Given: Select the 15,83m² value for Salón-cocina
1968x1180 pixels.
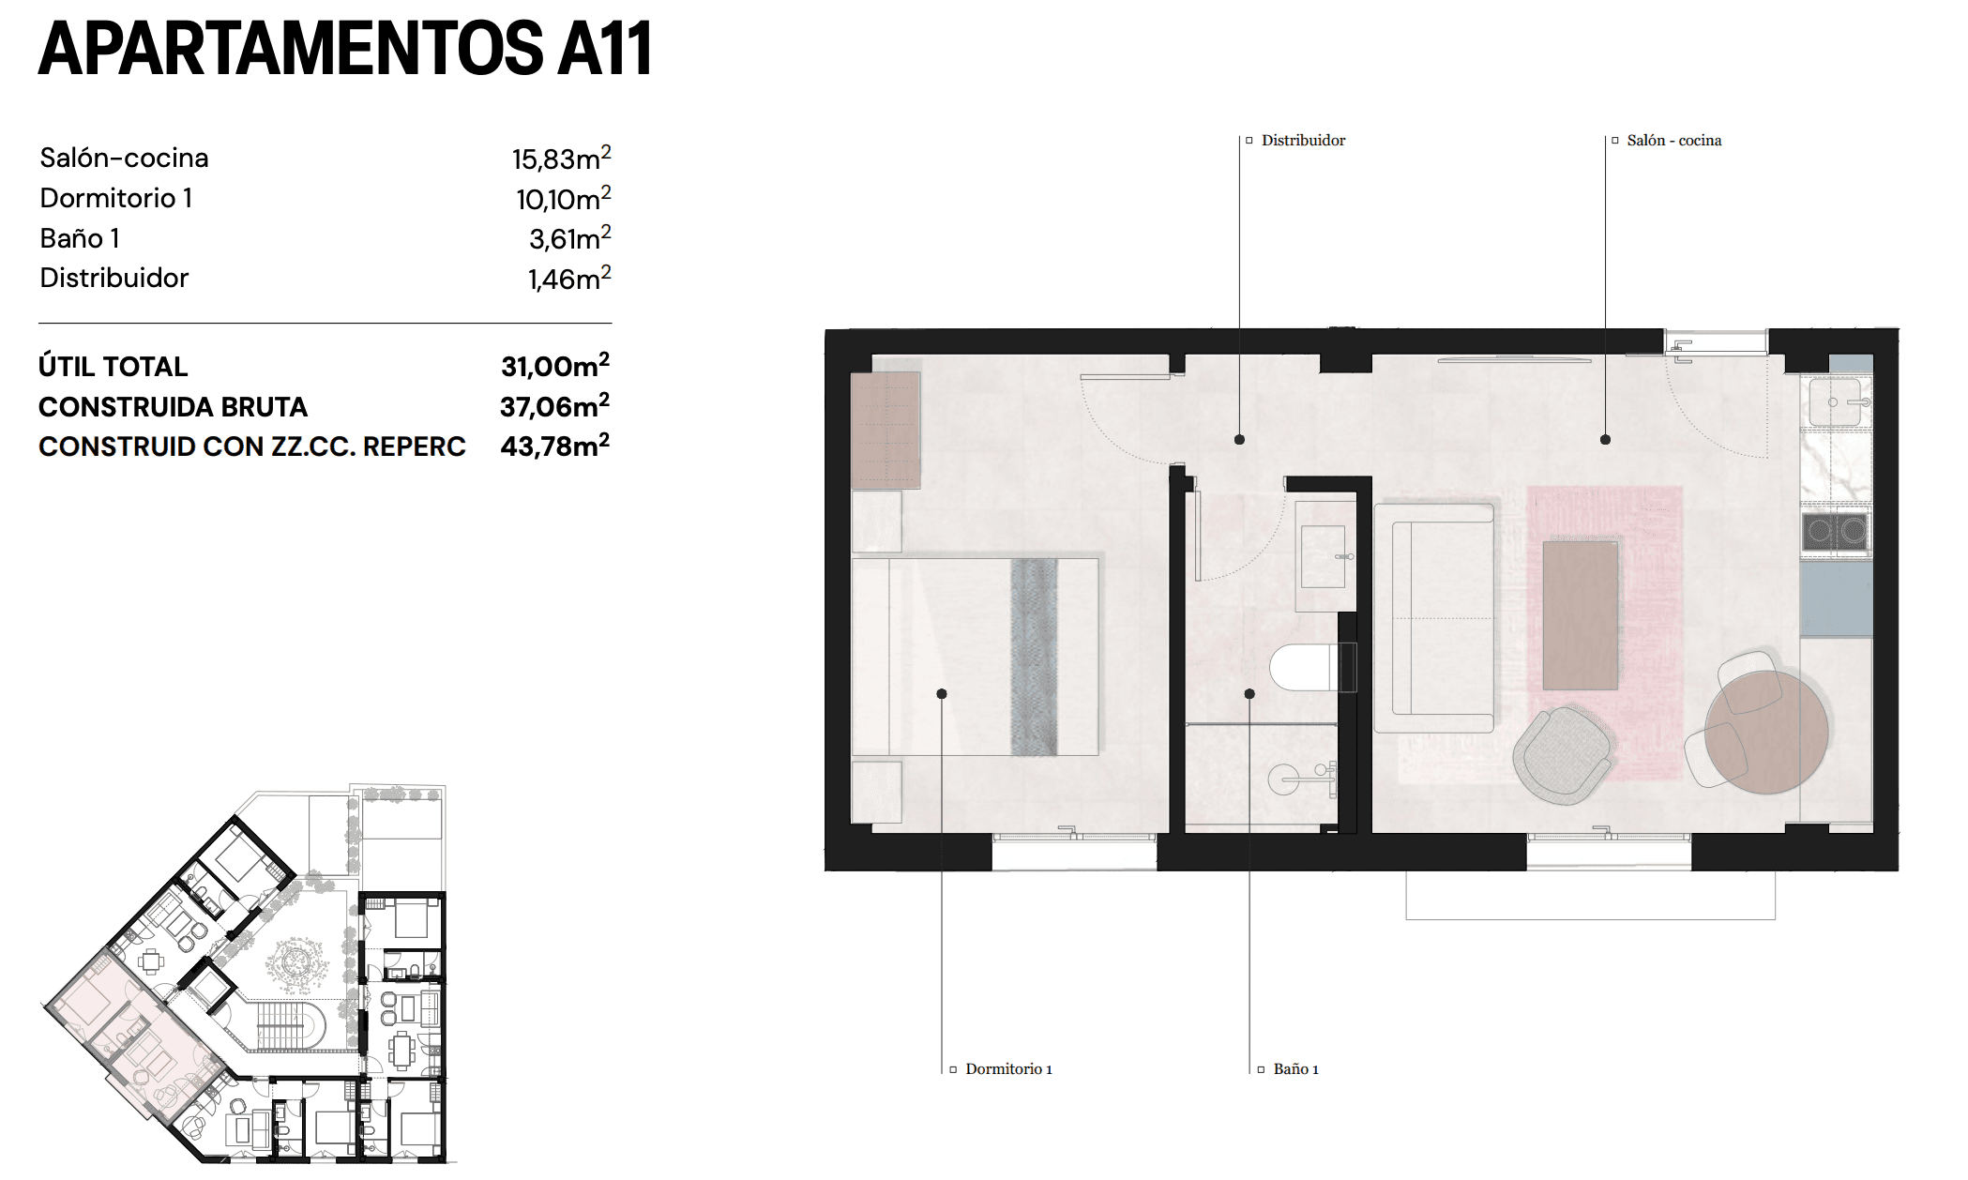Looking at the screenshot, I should pyautogui.click(x=561, y=159).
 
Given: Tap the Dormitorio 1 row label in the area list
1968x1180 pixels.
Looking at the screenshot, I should pyautogui.click(x=115, y=198).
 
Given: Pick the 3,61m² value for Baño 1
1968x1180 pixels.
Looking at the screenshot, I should pyautogui.click(x=569, y=238).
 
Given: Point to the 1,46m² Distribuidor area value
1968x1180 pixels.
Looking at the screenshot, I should pyautogui.click(x=568, y=279).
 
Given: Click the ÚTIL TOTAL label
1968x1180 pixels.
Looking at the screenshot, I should pyautogui.click(x=113, y=367).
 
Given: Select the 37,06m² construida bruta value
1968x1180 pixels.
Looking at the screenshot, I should pyautogui.click(x=554, y=406).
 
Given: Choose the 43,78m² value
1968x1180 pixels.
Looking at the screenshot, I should pyautogui.click(x=554, y=446).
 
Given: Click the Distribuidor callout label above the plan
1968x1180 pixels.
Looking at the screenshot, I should pyautogui.click(x=1302, y=141).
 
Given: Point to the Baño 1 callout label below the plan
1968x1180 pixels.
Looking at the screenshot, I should pyautogui.click(x=1294, y=1069).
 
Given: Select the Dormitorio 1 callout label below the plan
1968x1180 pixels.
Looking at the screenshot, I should pyautogui.click(x=1007, y=1069).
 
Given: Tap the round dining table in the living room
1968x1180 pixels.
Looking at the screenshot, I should pyautogui.click(x=1766, y=732).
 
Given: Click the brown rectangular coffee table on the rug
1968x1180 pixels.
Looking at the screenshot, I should pyautogui.click(x=1580, y=614).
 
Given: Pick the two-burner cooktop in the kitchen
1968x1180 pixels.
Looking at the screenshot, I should pyautogui.click(x=1836, y=532).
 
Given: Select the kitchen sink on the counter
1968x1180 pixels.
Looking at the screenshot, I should pyautogui.click(x=1836, y=401).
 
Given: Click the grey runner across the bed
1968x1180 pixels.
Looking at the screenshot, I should pyautogui.click(x=1034, y=657).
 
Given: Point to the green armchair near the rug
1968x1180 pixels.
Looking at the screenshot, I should pyautogui.click(x=1562, y=753).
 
